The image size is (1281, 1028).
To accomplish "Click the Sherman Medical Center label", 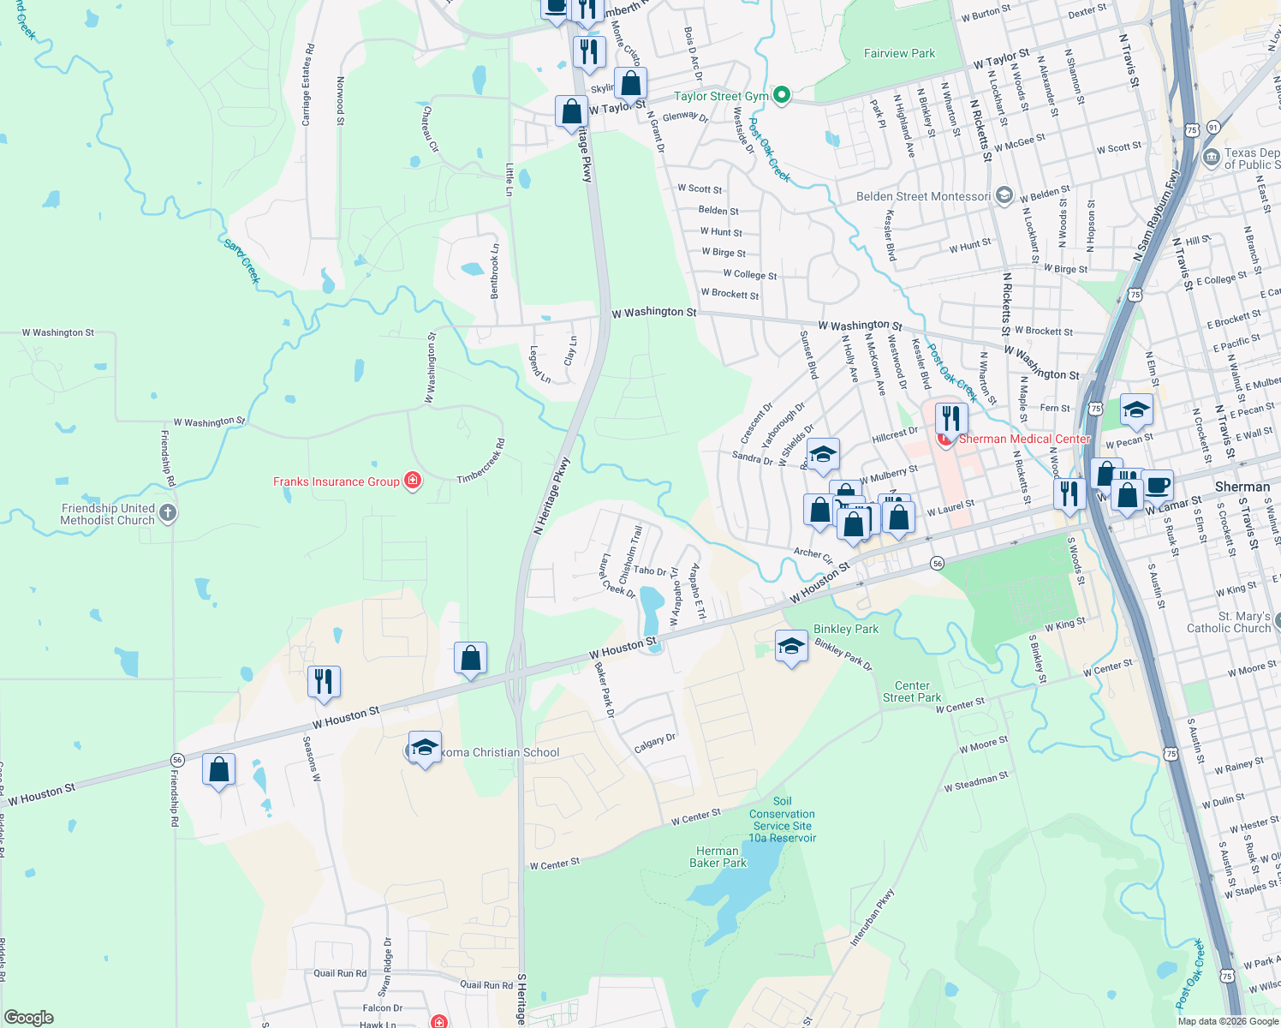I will click(1024, 439).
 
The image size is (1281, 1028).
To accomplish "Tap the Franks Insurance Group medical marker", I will click(413, 481).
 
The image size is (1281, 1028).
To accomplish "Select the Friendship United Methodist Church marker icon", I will click(168, 514).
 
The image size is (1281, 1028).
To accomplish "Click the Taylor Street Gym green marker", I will click(781, 96).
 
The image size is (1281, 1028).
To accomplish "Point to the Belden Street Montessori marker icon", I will click(1004, 196).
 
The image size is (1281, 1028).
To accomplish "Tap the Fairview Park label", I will click(899, 53).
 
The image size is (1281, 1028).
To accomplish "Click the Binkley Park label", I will click(846, 629).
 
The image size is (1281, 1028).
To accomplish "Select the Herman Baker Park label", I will click(718, 857).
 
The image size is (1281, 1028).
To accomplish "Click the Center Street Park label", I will click(912, 691).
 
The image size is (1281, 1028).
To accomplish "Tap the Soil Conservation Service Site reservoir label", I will click(783, 820).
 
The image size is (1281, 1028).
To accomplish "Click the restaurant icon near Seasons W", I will click(324, 681).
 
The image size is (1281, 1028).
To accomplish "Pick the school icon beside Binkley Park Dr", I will click(791, 646).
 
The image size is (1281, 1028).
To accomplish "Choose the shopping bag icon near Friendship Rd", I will click(219, 769).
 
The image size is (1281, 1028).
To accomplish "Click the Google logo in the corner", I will click(29, 1018).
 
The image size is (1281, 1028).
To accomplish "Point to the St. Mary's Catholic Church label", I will click(1228, 622).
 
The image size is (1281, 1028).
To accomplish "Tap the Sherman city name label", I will click(1242, 487).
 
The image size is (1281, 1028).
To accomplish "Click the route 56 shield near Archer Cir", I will click(938, 563).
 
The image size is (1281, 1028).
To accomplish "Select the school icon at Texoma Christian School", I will click(425, 747).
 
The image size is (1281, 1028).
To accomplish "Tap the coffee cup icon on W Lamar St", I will click(1157, 485).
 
